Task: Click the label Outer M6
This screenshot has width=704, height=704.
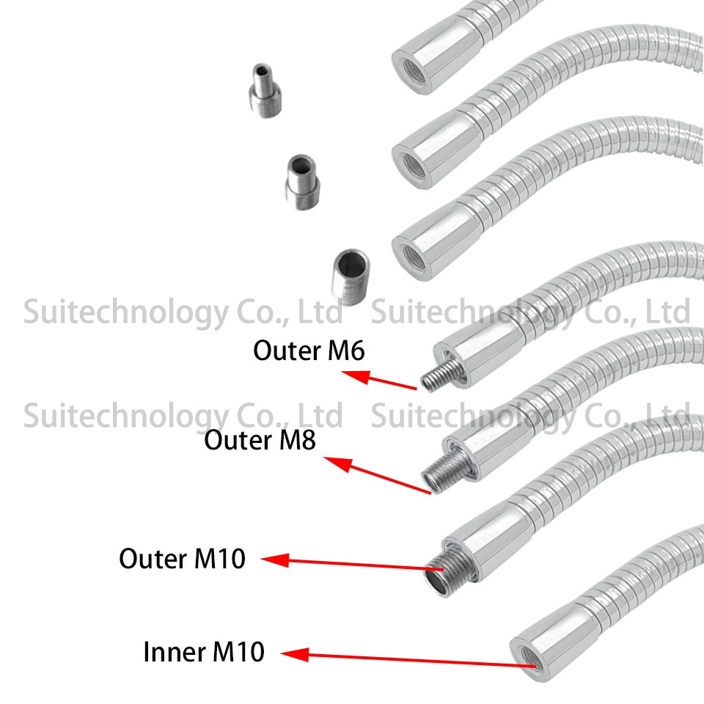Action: [x=309, y=351]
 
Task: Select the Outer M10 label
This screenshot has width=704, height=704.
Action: [x=182, y=560]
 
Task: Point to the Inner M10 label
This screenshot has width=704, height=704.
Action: [x=203, y=652]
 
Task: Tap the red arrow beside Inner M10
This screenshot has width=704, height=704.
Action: [x=411, y=659]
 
